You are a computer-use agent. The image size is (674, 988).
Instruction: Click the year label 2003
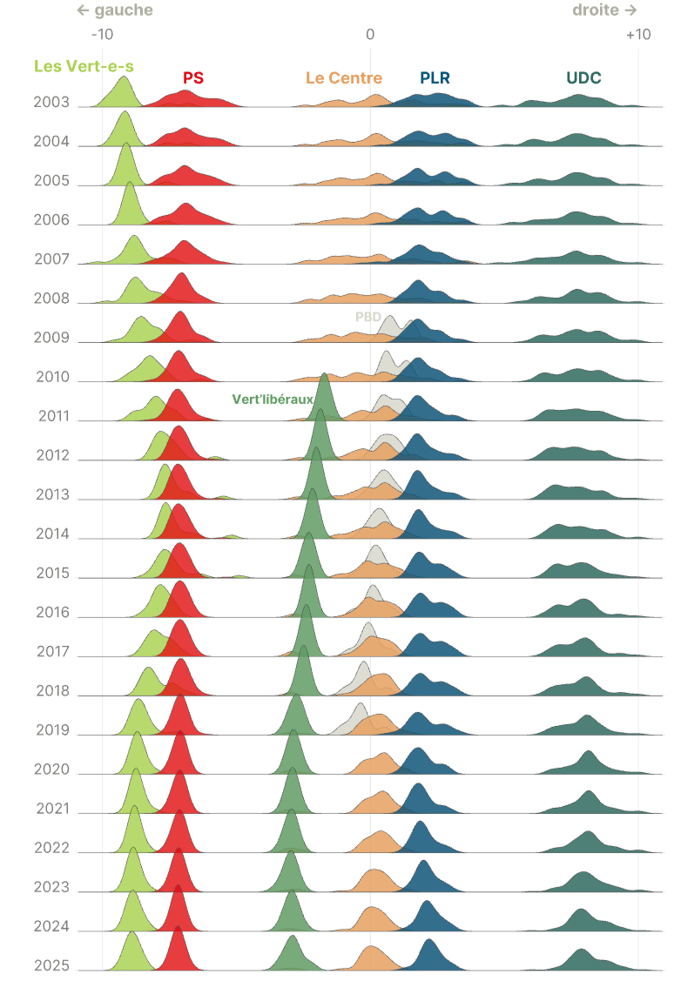pyautogui.click(x=51, y=102)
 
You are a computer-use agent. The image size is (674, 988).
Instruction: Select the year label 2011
pyautogui.click(x=53, y=415)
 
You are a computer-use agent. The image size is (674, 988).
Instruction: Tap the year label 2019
pyautogui.click(x=52, y=729)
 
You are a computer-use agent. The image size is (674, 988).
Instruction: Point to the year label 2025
pyautogui.click(x=51, y=964)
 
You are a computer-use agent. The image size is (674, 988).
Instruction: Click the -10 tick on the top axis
pyautogui.click(x=102, y=34)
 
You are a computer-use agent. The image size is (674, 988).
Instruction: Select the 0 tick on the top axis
pyautogui.click(x=370, y=34)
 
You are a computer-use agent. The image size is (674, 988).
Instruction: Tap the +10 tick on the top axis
pyautogui.click(x=637, y=34)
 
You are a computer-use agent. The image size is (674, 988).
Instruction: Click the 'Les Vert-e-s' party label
pyautogui.click(x=84, y=65)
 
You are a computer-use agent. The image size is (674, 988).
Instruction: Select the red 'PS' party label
pyautogui.click(x=193, y=77)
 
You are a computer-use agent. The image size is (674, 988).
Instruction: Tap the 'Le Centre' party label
pyautogui.click(x=344, y=77)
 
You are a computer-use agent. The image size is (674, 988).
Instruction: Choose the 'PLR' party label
pyautogui.click(x=435, y=77)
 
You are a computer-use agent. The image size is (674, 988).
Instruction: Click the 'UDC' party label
pyautogui.click(x=583, y=77)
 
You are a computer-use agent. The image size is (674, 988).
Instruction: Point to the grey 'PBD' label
pyautogui.click(x=367, y=317)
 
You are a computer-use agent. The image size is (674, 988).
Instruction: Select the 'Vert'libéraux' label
pyautogui.click(x=273, y=400)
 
